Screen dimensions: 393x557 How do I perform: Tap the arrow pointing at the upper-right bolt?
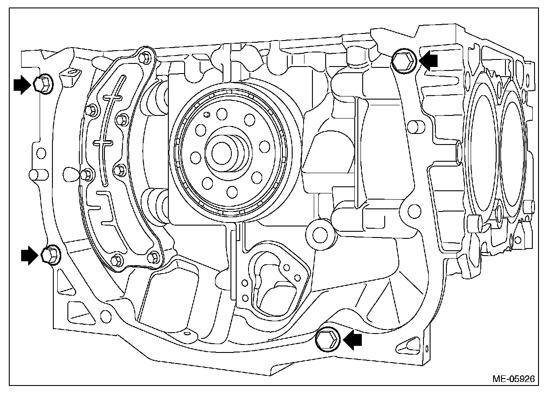pos(429,60)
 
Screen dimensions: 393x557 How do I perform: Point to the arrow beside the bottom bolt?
pos(353,340)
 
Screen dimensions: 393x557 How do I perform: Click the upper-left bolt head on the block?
pos(42,83)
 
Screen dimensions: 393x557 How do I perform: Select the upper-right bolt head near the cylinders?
pos(403,61)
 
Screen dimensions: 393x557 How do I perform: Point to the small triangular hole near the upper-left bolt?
pos(72,72)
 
